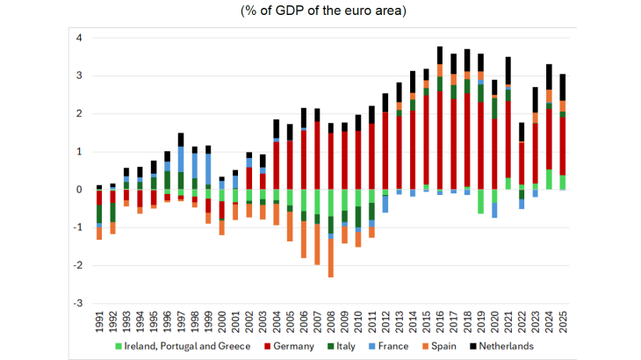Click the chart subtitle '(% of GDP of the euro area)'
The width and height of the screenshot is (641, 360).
320,11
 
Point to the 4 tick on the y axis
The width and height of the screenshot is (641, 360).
79,39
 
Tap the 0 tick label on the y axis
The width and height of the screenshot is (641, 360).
79,190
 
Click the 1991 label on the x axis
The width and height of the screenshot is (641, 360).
98,318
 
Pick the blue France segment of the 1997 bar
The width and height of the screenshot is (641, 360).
180,159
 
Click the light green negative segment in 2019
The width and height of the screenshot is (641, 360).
481,201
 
